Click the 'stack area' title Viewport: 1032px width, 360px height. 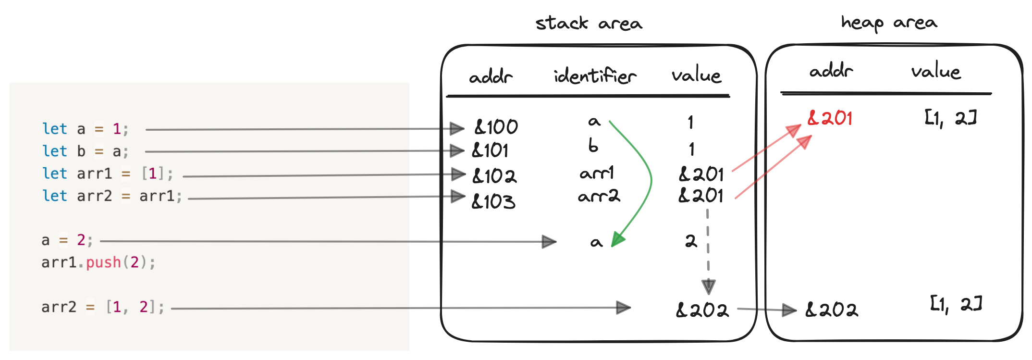click(589, 23)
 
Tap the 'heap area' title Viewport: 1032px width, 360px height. click(889, 23)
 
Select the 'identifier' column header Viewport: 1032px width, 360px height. click(595, 76)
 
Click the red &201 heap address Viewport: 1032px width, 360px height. click(830, 118)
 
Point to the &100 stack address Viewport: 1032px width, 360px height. click(496, 127)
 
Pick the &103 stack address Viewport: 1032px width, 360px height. click(493, 201)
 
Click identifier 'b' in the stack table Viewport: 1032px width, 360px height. click(593, 146)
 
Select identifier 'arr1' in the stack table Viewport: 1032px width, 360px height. click(596, 173)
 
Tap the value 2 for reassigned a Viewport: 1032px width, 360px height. click(691, 240)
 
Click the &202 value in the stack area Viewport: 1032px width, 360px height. click(702, 310)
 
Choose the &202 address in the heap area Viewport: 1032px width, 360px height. click(831, 310)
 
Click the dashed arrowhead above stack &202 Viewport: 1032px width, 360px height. click(708, 286)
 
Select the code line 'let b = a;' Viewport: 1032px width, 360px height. click(86, 151)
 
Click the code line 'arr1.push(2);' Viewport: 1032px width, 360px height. click(98, 262)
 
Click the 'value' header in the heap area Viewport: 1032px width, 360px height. click(935, 72)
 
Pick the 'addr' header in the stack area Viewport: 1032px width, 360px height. click(491, 76)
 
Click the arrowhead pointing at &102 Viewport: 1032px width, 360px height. click(458, 174)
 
